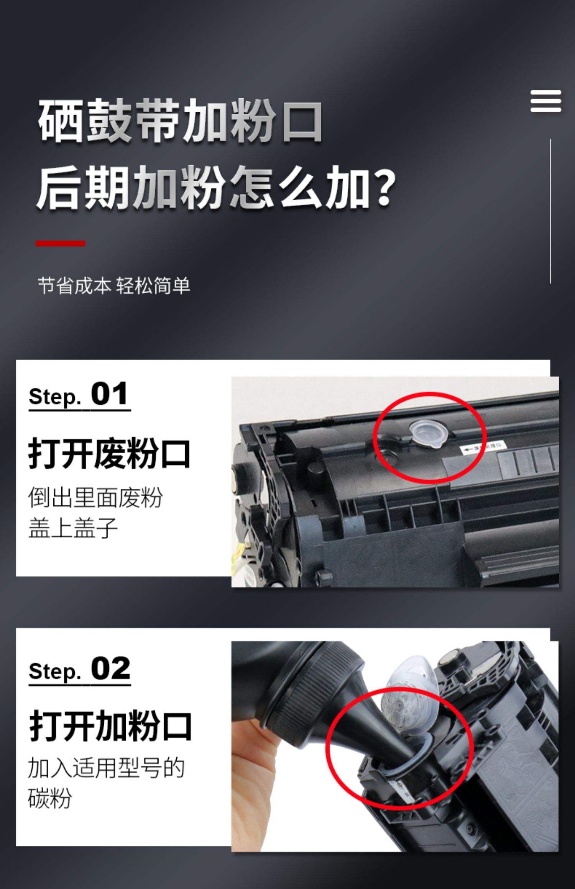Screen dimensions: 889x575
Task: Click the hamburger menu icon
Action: (x=545, y=101)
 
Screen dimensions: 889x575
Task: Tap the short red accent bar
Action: (x=60, y=243)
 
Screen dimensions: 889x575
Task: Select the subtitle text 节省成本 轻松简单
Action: (x=114, y=286)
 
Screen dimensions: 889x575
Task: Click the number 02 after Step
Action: (x=110, y=668)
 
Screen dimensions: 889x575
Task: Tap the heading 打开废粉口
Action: (x=109, y=454)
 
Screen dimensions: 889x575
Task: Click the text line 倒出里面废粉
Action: (x=95, y=498)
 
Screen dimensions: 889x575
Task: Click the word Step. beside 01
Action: (x=54, y=397)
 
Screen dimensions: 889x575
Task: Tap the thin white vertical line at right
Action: (x=550, y=211)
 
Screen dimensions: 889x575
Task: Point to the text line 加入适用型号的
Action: (x=106, y=768)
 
